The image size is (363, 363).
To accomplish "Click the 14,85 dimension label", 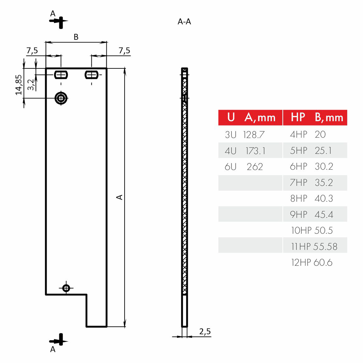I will pyautogui.click(x=19, y=85).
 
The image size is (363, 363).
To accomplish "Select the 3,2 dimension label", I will pyautogui.click(x=31, y=85).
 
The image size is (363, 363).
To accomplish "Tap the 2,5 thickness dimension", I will pyautogui.click(x=205, y=332).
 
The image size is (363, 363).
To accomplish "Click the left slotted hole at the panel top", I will pyautogui.click(x=61, y=74).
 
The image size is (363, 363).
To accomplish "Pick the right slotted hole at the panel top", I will pyautogui.click(x=91, y=74).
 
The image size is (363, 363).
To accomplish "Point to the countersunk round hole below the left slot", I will pyautogui.click(x=61, y=98).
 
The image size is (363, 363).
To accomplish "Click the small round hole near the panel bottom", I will pyautogui.click(x=66, y=288).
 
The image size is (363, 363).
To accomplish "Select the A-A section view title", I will pyautogui.click(x=184, y=22).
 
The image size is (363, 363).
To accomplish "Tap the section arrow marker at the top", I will pyautogui.click(x=59, y=21).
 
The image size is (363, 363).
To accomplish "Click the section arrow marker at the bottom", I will pyautogui.click(x=59, y=340).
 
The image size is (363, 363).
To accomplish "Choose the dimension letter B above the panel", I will pyautogui.click(x=76, y=37).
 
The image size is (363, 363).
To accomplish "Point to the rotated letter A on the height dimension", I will pyautogui.click(x=120, y=197).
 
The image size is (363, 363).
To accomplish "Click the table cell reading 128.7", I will pyautogui.click(x=254, y=135).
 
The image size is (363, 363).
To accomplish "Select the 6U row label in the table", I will pyautogui.click(x=231, y=167).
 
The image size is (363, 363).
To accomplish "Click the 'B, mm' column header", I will pyautogui.click(x=329, y=118).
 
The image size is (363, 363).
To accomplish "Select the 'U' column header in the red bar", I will pyautogui.click(x=231, y=117).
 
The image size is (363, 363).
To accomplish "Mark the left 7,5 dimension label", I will pyautogui.click(x=32, y=51).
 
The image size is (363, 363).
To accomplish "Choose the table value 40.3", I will pyautogui.click(x=324, y=198).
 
